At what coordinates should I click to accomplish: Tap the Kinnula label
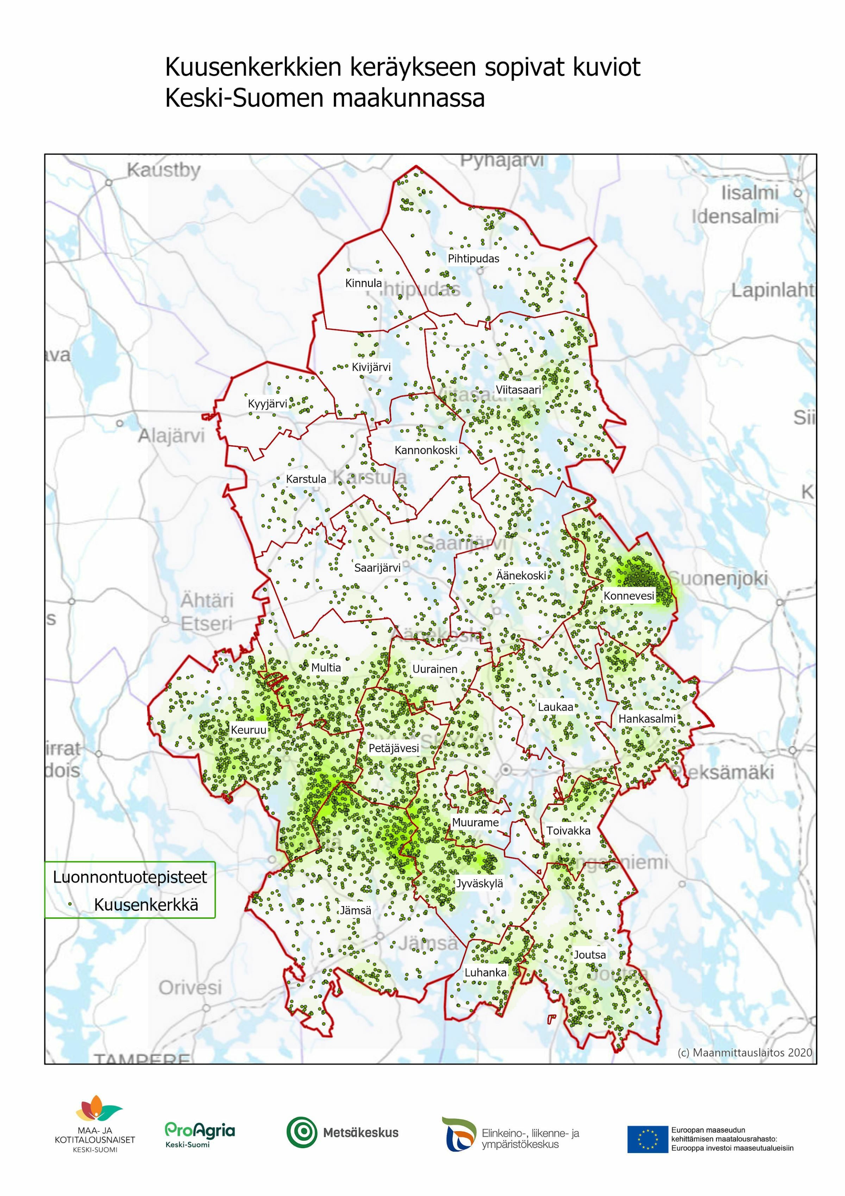363,283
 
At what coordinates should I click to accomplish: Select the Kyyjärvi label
267,404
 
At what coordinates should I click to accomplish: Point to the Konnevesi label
628,596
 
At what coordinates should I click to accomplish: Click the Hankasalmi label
647,719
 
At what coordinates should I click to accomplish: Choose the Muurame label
475,823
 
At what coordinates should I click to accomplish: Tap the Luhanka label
485,973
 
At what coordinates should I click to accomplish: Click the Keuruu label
248,730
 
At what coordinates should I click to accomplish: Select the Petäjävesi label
394,748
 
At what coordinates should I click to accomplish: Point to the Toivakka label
568,831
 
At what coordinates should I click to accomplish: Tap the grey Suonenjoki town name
720,578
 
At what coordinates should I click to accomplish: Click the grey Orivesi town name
190,987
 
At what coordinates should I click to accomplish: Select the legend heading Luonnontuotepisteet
130,877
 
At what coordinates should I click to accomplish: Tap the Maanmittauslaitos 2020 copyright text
745,1052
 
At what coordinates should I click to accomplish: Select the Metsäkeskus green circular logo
301,1132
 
